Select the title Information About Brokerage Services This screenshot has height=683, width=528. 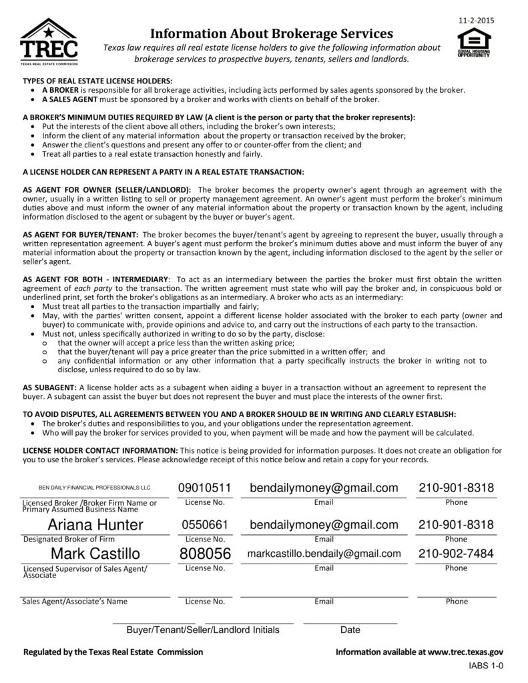271,33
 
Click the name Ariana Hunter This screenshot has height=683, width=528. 95,525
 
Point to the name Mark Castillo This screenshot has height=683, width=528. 95,554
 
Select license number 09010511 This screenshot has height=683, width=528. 205,488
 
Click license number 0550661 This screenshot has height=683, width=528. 205,525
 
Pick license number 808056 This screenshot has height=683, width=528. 205,554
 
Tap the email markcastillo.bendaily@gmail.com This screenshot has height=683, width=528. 324,554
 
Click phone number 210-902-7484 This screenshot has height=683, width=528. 456,554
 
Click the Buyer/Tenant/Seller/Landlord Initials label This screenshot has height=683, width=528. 203,630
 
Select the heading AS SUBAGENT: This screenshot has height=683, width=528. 50,387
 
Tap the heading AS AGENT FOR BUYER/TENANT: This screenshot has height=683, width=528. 81,235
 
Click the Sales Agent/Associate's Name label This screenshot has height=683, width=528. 75,601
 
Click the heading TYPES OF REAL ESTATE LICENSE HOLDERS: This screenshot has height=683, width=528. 97,80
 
